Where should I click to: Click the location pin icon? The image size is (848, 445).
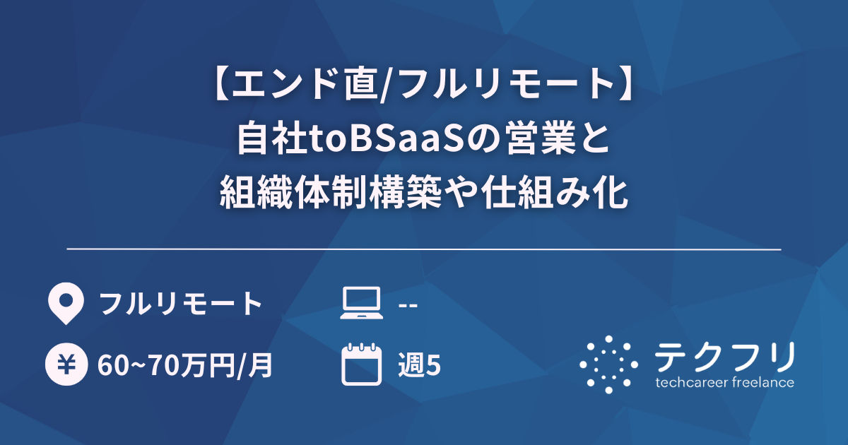[x=64, y=303]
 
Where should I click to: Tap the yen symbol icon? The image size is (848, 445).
[x=64, y=364]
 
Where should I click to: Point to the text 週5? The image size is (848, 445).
[x=420, y=365]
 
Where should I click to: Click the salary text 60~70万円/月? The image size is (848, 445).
[x=185, y=365]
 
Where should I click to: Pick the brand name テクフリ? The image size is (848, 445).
[x=724, y=357]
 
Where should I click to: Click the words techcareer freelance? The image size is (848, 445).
[x=724, y=383]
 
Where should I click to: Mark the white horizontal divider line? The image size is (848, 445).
[x=424, y=249]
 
